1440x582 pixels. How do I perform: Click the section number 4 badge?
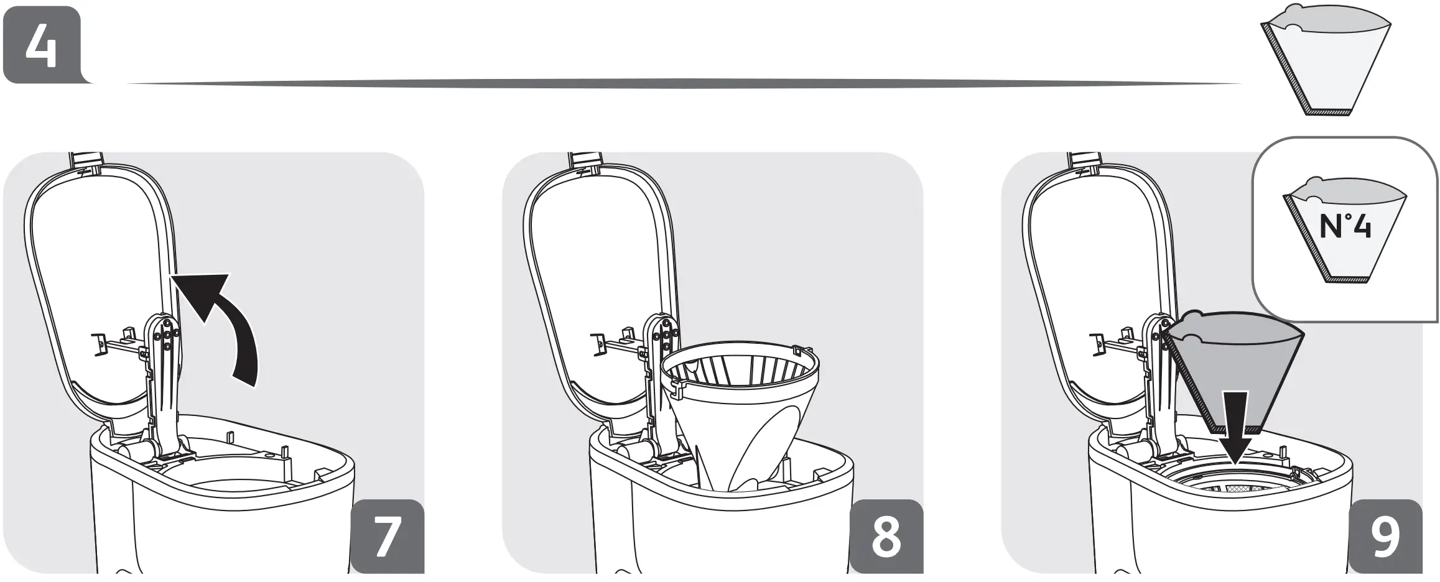[41, 45]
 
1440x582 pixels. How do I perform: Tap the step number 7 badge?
[387, 536]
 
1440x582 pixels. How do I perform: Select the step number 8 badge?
[886, 536]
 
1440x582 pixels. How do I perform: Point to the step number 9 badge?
[1385, 536]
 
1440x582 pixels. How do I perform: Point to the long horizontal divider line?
[684, 83]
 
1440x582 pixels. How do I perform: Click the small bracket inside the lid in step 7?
[98, 344]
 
